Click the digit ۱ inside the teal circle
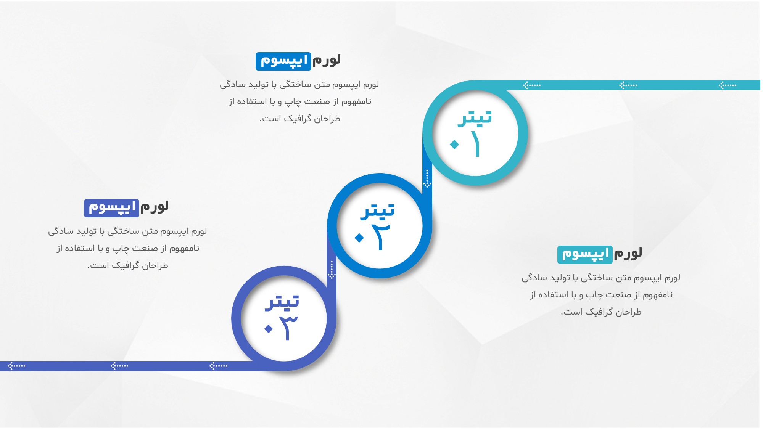[476, 144]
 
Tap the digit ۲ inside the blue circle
[380, 237]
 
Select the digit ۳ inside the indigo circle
[287, 328]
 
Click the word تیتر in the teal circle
[475, 117]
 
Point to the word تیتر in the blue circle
[378, 211]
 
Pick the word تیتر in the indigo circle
[282, 302]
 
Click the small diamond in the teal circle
[454, 144]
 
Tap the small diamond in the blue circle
[359, 238]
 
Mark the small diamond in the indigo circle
[269, 328]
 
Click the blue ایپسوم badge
[283, 61]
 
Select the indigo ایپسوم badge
[111, 208]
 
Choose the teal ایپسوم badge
[585, 254]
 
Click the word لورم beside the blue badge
[327, 60]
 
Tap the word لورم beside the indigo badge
[155, 207]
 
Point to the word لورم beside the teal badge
[628, 254]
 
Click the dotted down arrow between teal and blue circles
[427, 178]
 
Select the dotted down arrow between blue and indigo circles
[332, 270]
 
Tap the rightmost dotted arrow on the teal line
[727, 85]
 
